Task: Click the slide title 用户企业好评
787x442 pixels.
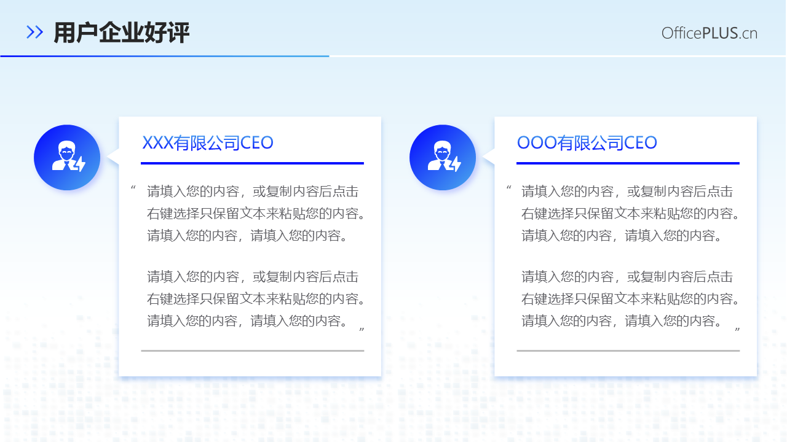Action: [x=121, y=33]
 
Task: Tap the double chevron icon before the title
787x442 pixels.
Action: [x=35, y=33]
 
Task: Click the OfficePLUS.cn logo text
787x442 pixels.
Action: [x=709, y=33]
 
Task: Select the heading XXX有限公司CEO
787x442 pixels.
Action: [x=208, y=143]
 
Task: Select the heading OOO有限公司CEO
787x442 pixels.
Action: [x=587, y=143]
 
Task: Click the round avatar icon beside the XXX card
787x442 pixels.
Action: [x=67, y=157]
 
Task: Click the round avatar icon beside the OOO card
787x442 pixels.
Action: [x=443, y=157]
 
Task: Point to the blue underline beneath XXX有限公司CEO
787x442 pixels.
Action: [x=252, y=163]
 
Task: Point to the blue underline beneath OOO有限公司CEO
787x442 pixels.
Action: [x=628, y=163]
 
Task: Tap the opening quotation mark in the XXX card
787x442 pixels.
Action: [x=133, y=188]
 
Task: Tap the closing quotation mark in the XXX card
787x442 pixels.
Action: [x=362, y=331]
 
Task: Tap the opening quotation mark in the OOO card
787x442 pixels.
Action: [x=508, y=188]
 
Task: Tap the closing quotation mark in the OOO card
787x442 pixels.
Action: [x=737, y=331]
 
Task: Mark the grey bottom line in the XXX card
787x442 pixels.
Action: [x=252, y=351]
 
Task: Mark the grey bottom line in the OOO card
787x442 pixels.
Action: [x=628, y=351]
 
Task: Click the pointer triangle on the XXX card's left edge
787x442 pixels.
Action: [x=114, y=157]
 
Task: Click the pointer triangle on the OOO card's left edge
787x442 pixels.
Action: [x=489, y=157]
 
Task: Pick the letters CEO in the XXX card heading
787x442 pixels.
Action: [x=256, y=143]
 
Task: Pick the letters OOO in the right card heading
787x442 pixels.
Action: [x=537, y=143]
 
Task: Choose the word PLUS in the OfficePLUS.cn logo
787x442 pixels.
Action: [x=719, y=33]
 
